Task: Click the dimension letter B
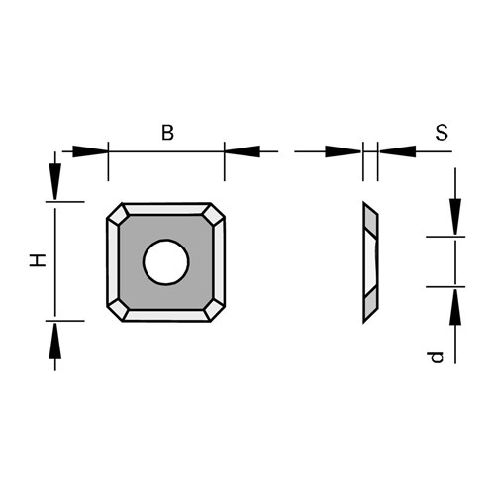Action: (167, 133)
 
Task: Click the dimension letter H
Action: (38, 260)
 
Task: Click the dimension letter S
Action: (442, 133)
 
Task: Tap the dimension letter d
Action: (435, 357)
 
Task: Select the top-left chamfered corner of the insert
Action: (118, 215)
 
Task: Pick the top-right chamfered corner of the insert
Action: (214, 215)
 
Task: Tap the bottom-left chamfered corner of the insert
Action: (118, 310)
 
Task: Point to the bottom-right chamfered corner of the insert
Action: (214, 310)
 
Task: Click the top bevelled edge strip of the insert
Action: (166, 209)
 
